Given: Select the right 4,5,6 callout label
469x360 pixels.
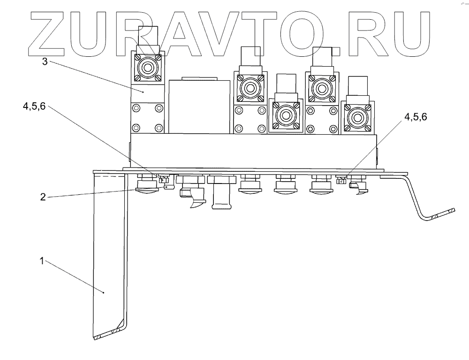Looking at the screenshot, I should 414,117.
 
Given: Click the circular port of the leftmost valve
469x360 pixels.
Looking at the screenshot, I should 148,67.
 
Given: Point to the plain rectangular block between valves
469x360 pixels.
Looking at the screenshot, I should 199,106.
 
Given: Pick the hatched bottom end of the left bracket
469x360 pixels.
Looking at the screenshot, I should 108,334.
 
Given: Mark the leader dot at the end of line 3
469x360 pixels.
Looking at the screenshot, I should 144,92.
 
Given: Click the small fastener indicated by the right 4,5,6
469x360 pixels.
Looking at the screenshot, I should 341,180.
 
